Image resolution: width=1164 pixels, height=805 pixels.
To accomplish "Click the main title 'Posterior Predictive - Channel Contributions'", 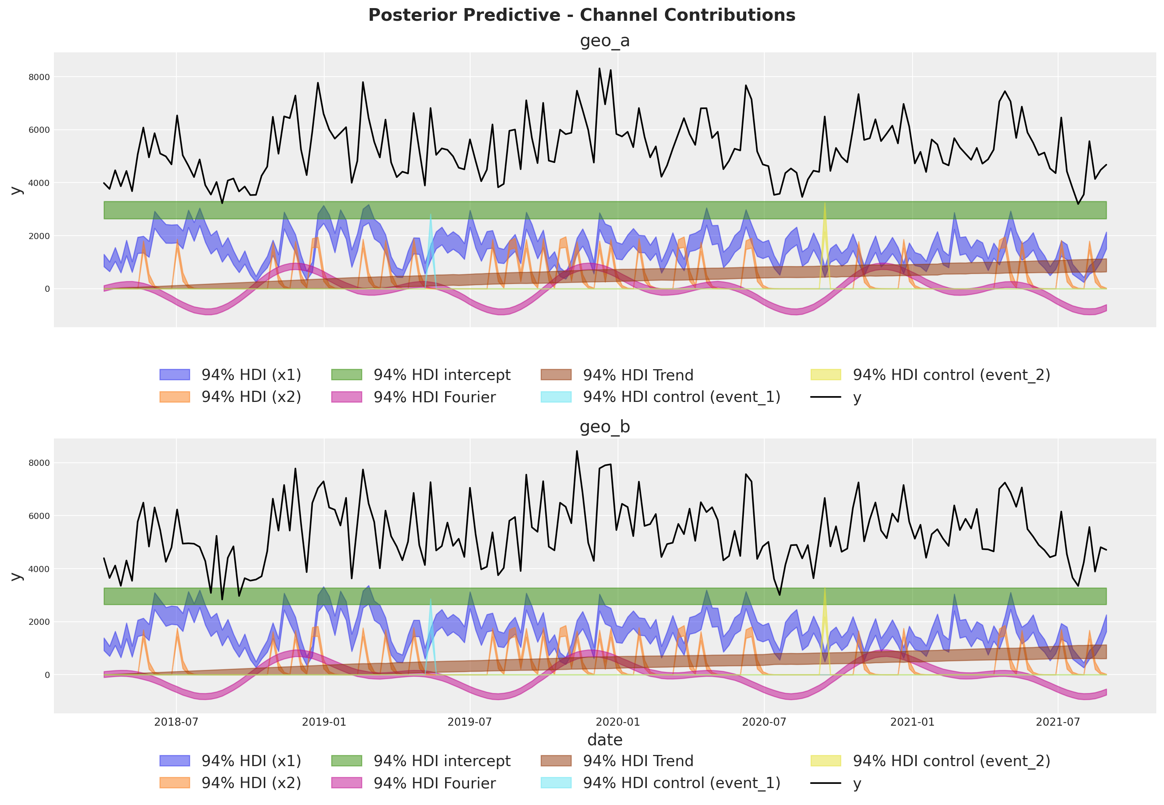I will (x=581, y=15).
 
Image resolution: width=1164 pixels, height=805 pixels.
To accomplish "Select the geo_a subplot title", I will (x=604, y=41).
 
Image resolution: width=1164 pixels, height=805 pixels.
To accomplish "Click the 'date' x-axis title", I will (x=604, y=740).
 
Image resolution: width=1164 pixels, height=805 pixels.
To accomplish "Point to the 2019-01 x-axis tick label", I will (x=324, y=722).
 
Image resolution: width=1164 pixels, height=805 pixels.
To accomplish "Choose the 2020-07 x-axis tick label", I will (x=764, y=722).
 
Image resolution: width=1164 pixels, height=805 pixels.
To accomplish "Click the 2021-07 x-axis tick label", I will (x=1058, y=722).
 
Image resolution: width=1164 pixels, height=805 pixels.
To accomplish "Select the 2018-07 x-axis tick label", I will (x=176, y=722).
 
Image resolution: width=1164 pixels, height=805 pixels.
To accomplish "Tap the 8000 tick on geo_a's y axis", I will (x=40, y=77).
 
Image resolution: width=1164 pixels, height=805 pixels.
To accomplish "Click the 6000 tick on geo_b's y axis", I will (x=40, y=516).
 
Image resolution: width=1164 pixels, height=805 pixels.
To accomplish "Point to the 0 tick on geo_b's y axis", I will (x=47, y=675).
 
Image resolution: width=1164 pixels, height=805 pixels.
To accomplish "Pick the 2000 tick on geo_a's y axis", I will (x=40, y=236).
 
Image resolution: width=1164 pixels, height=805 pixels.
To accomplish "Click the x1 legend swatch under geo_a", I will (x=174, y=375).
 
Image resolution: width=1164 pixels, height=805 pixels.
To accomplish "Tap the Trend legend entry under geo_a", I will (x=638, y=375).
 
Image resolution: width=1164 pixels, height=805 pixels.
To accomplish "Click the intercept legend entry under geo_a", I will (x=442, y=375).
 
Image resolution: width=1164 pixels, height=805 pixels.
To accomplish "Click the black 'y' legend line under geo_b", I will (x=826, y=783).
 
